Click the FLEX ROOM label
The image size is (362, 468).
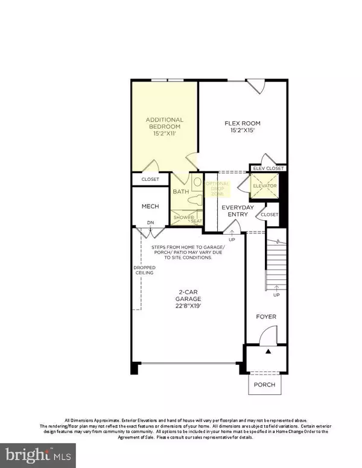click(x=243, y=123)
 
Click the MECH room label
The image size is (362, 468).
click(x=150, y=206)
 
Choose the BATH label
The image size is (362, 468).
click(x=181, y=191)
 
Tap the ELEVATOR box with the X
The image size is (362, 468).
click(x=265, y=186)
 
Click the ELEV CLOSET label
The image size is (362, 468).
click(x=268, y=168)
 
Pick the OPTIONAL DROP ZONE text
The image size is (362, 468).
click(x=215, y=189)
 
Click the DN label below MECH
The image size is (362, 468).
click(x=150, y=222)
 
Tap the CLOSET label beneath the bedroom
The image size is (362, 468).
click(x=150, y=179)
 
